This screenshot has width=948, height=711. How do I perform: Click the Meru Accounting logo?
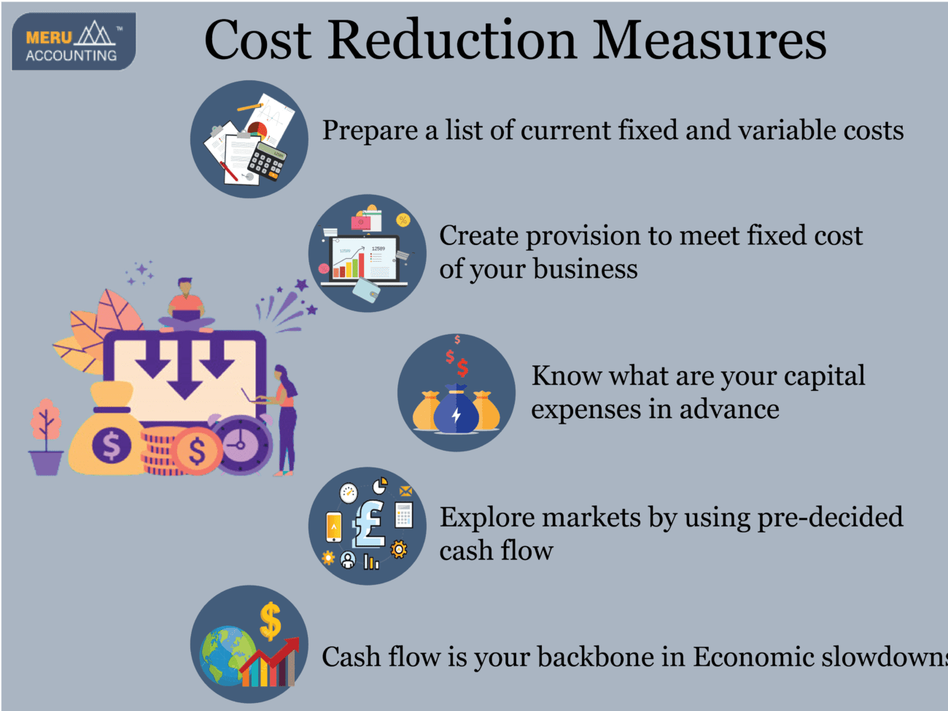point(74,42)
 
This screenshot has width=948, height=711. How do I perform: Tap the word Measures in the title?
point(709,40)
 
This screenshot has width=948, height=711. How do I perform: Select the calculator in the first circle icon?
point(266,161)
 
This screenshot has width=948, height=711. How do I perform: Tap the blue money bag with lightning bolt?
point(456,411)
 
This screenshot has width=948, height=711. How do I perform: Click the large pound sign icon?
point(369,523)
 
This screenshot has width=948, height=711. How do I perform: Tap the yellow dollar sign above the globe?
point(271,621)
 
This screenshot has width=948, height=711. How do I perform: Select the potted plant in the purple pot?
point(46,438)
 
